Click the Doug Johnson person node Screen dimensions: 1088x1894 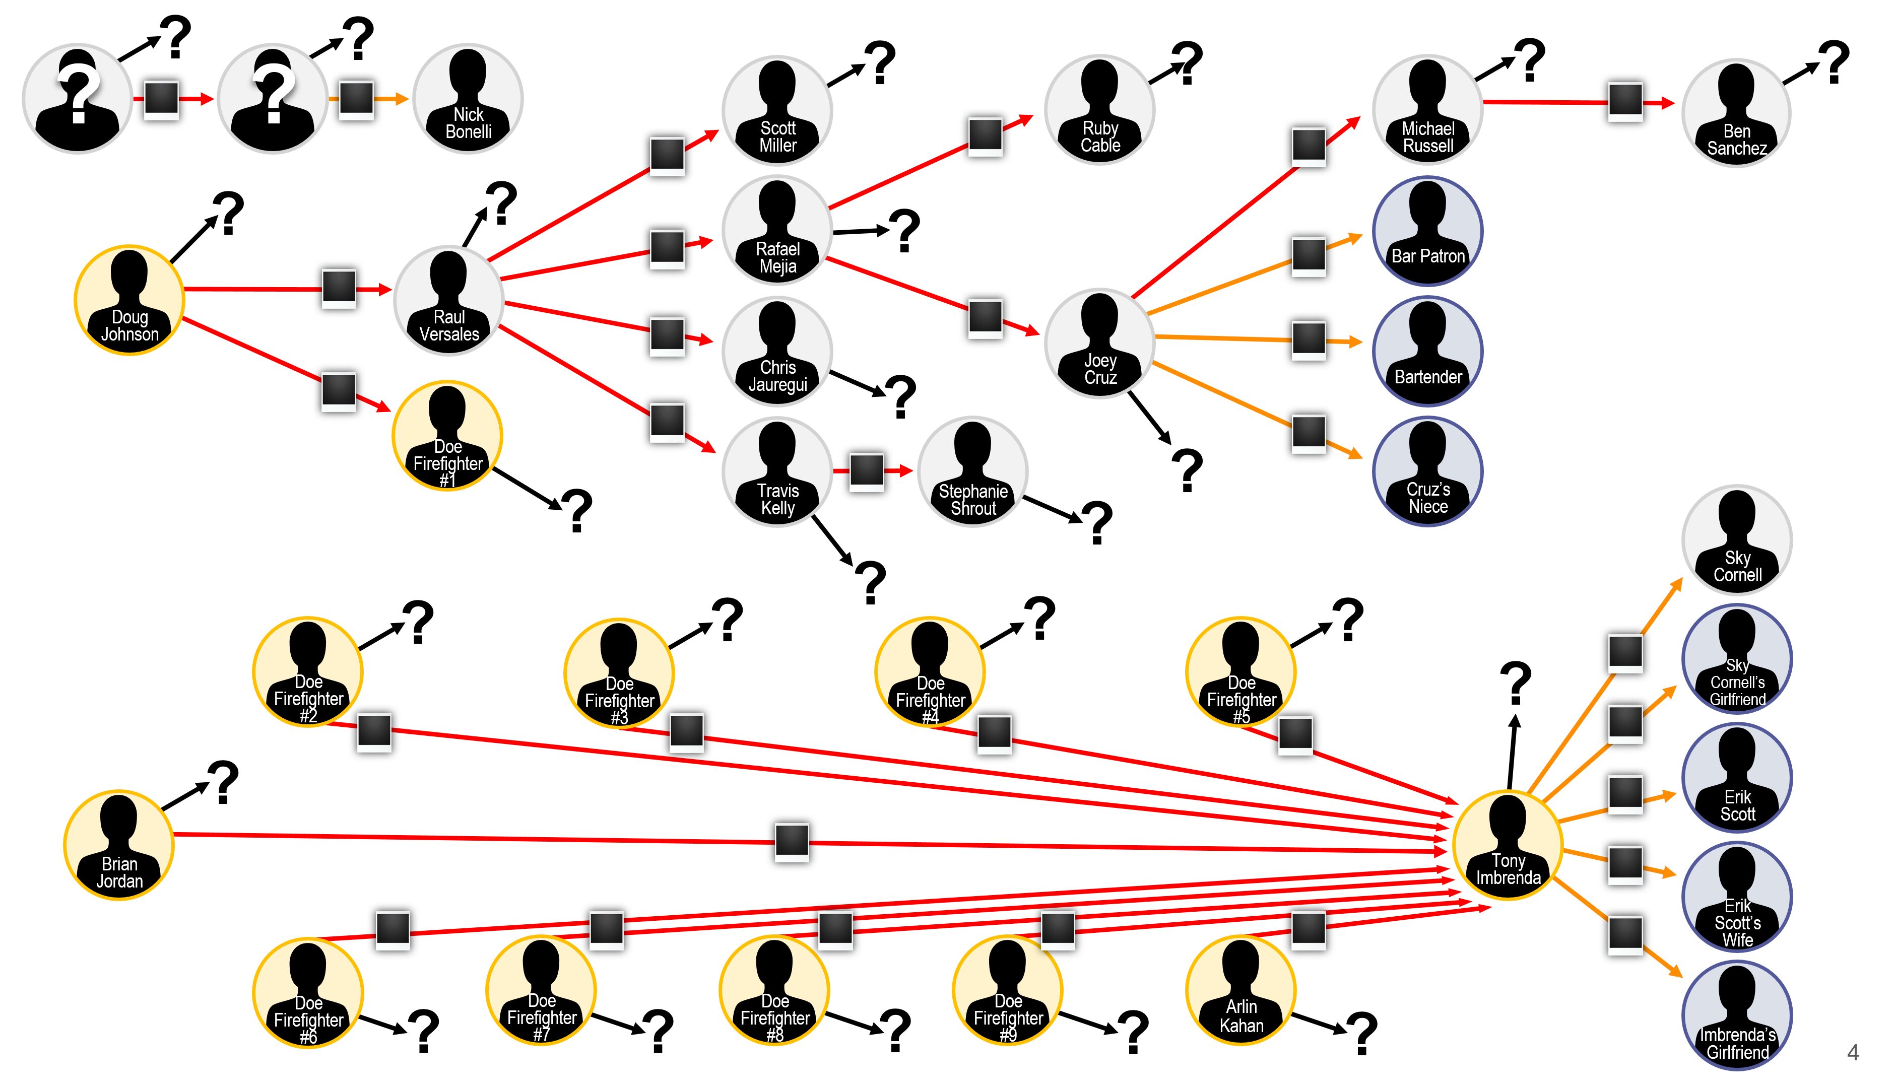129,300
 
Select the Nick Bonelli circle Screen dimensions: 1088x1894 468,99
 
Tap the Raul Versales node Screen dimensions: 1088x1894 448,300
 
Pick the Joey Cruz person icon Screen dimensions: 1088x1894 1099,343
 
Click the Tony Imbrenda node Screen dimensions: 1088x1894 1508,844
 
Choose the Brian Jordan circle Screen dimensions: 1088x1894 119,844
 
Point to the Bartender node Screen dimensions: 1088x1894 1427,351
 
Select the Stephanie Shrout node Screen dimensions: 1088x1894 972,471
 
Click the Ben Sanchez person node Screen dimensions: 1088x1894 1736,113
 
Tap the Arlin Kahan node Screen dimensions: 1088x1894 1240,990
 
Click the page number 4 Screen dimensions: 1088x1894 1852,1052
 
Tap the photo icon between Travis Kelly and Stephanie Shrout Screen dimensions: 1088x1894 867,471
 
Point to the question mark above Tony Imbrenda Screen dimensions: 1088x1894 1516,682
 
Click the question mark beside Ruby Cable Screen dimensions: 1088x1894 1187,63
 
